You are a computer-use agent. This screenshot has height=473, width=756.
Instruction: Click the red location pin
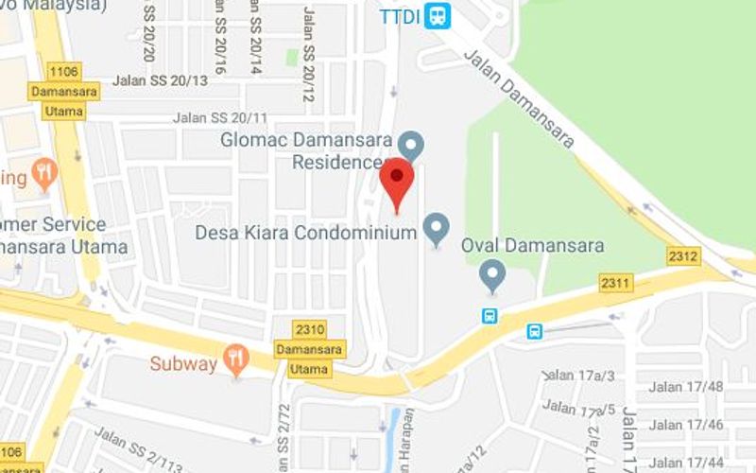[x=397, y=181]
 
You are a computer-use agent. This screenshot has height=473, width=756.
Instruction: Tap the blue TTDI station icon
[x=437, y=16]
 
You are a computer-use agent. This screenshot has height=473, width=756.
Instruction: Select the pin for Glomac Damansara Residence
[x=410, y=146]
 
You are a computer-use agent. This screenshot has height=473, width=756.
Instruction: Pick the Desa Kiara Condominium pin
[x=436, y=228]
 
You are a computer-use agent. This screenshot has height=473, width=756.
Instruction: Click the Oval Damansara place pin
[x=491, y=275]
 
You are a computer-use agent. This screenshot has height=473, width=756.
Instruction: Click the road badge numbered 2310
[x=310, y=330]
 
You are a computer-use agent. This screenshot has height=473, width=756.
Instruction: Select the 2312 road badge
[x=682, y=256]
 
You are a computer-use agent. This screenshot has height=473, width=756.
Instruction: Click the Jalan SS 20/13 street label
[x=160, y=80]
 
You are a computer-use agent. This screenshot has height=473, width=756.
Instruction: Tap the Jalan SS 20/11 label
[x=220, y=118]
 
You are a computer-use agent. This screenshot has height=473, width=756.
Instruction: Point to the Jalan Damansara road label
[x=519, y=98]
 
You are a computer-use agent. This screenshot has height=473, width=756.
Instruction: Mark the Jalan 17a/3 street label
[x=580, y=376]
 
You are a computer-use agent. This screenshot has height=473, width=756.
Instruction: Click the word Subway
[x=183, y=363]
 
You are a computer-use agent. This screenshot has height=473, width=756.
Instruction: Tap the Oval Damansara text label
[x=533, y=246]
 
